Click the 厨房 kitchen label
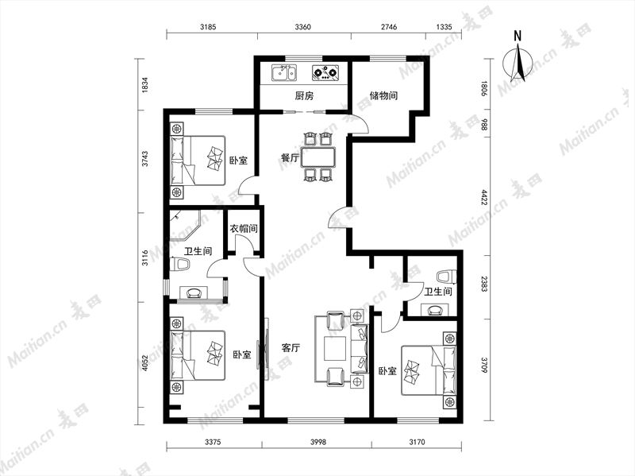click(304, 96)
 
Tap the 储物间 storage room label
click(383, 95)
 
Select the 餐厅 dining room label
click(291, 157)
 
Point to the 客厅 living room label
click(291, 348)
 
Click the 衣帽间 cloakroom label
click(244, 229)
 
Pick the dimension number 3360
click(302, 27)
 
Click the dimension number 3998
click(318, 442)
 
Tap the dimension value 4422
click(483, 196)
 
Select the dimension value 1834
click(145, 85)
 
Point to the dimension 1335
click(444, 27)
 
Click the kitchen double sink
click(284, 73)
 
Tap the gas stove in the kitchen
click(325, 73)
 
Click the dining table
click(319, 157)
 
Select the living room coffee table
click(335, 348)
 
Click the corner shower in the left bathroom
click(185, 225)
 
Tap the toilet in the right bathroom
click(446, 277)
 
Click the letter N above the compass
click(518, 36)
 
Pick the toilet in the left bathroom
click(179, 265)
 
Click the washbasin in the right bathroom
click(435, 310)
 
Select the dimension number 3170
click(417, 442)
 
